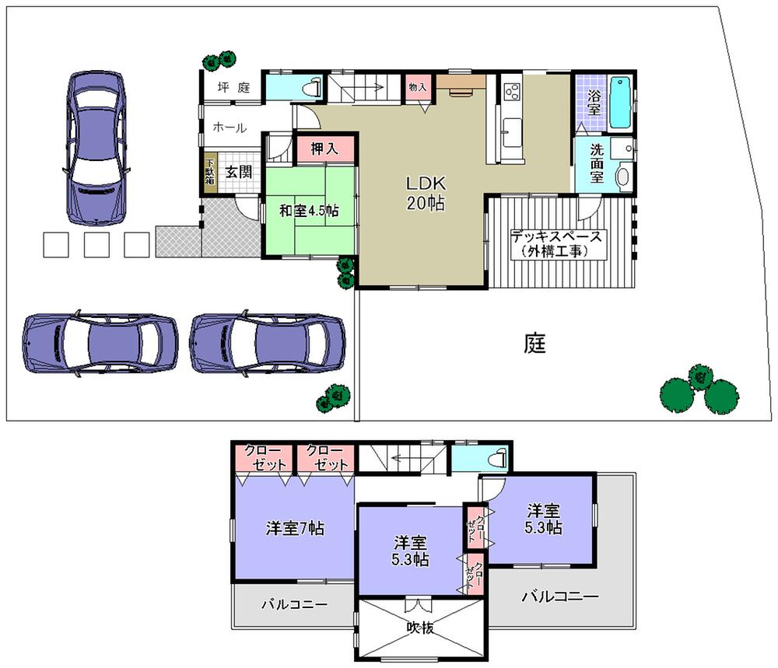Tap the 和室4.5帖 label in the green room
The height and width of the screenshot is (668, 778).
coord(308,211)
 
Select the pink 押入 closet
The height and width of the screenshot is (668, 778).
coord(324,149)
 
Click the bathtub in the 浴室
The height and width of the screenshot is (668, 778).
coord(620,103)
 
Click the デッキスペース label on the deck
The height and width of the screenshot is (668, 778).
coord(557,243)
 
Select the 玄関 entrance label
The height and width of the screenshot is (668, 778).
coord(239,173)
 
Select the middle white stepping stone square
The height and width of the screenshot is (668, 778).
coord(96,245)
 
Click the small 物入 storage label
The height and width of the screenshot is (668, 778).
coord(418,88)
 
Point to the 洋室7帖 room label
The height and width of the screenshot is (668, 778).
coord(295,528)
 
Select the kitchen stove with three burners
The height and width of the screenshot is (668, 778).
coord(511,92)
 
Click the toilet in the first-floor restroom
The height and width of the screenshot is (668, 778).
coord(314,87)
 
